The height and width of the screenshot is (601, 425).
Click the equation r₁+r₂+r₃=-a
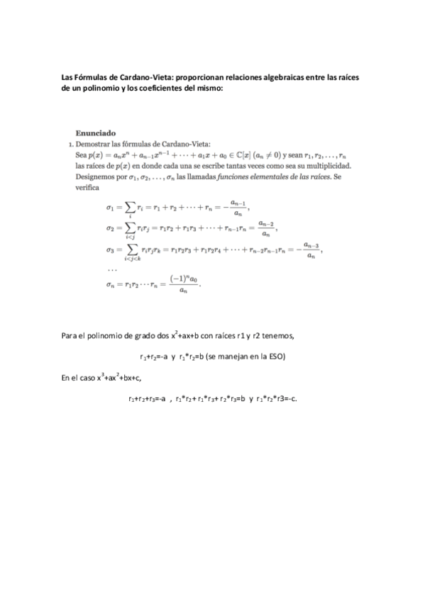click(x=148, y=399)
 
